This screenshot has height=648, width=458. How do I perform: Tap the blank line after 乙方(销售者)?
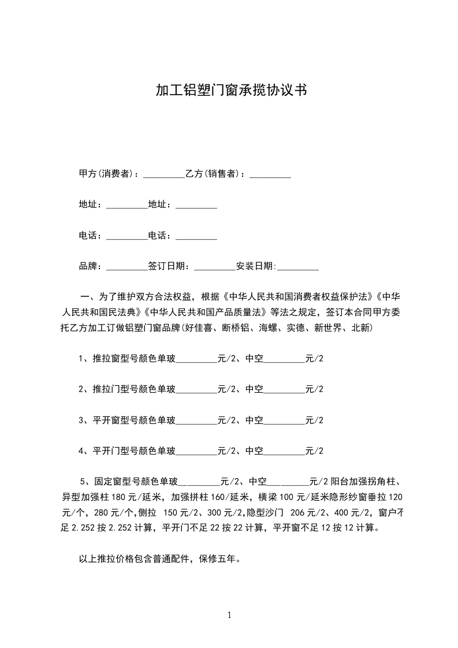point(270,174)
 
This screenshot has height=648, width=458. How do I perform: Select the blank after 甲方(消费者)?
point(163,174)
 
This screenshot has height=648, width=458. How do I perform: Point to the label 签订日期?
point(167,266)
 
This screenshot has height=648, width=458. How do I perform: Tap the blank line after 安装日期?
point(298,267)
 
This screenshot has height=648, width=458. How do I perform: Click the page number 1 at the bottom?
point(229,615)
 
